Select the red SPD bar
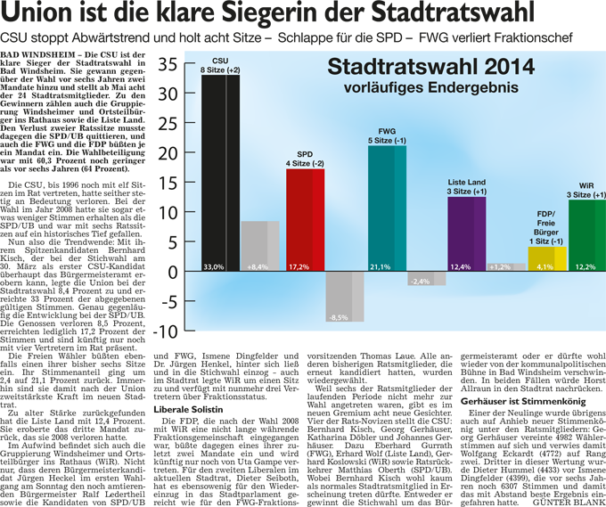[305, 218]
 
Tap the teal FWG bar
[387, 205]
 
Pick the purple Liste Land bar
[466, 232]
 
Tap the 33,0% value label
[214, 266]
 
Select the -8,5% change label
[339, 317]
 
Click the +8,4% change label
[258, 266]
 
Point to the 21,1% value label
[381, 266]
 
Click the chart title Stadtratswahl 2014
[429, 69]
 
